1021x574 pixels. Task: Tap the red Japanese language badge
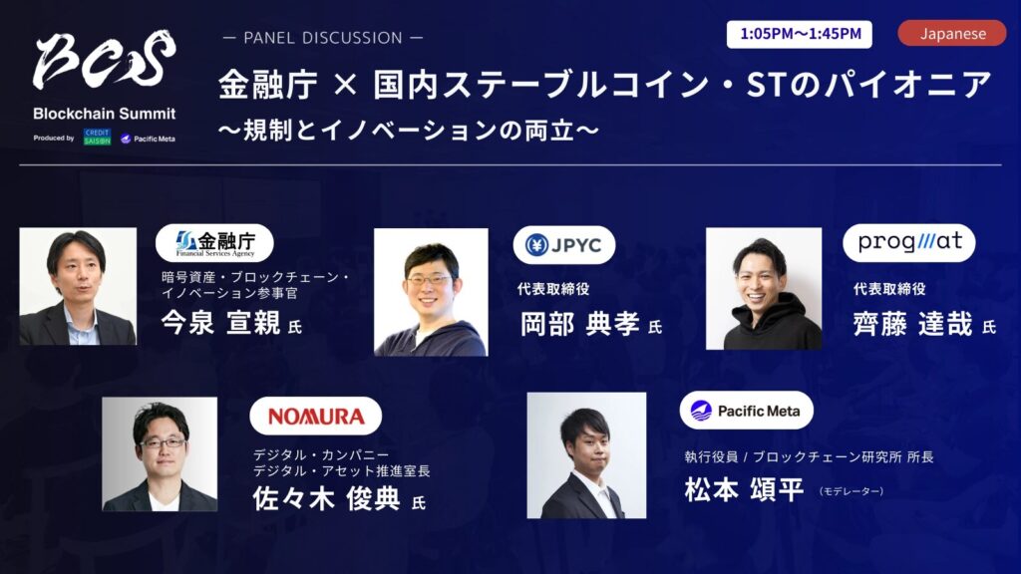tap(952, 33)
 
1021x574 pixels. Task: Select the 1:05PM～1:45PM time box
tap(800, 34)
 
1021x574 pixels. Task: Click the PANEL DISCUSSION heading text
tap(323, 38)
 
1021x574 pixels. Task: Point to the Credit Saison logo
tap(97, 137)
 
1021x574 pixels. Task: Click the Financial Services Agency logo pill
tap(214, 243)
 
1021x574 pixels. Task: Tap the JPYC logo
tap(564, 245)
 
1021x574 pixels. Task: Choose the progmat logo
tap(909, 242)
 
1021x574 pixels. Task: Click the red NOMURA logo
tap(316, 416)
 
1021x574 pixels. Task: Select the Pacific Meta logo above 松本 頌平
tap(746, 411)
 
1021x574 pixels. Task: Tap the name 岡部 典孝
tap(579, 324)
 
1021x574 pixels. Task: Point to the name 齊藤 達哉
tap(912, 324)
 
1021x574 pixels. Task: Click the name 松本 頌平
tap(744, 490)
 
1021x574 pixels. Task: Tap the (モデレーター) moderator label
tap(851, 491)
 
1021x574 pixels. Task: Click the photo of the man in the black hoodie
tap(764, 288)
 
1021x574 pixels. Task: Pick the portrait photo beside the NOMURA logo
tap(160, 454)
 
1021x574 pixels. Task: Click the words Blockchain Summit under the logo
tap(104, 114)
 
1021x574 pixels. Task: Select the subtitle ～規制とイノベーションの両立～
tap(408, 131)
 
